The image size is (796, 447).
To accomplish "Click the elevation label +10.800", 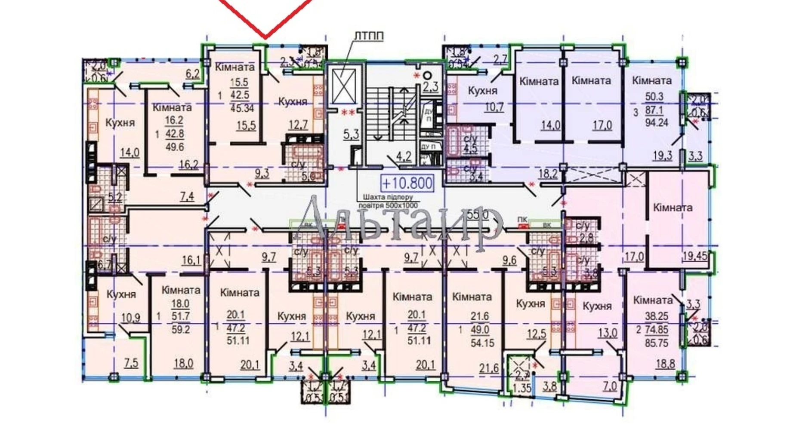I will pyautogui.click(x=407, y=184).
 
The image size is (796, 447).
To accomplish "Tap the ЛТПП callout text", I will pyautogui.click(x=368, y=36).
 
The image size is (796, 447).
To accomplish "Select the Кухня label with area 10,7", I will pyautogui.click(x=482, y=91).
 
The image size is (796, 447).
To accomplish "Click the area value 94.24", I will pyautogui.click(x=656, y=123).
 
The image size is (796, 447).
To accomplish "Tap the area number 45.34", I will pyautogui.click(x=242, y=108).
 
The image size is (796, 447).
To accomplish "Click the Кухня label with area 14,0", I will pyautogui.click(x=120, y=123).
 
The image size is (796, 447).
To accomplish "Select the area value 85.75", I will pyautogui.click(x=656, y=343).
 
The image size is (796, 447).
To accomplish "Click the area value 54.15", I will pyautogui.click(x=482, y=343).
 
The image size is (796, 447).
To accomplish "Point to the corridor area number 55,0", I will pyautogui.click(x=478, y=214).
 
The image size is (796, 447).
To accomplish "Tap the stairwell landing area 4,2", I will pyautogui.click(x=403, y=156).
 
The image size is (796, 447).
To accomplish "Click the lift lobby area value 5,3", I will pyautogui.click(x=351, y=135).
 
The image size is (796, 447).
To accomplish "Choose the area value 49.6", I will pyautogui.click(x=174, y=147).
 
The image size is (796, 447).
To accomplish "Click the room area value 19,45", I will pyautogui.click(x=694, y=257).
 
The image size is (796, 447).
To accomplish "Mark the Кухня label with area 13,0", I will pyautogui.click(x=597, y=306).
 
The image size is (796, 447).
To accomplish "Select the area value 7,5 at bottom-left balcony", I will pyautogui.click(x=131, y=363).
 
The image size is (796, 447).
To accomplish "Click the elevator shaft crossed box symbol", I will pyautogui.click(x=344, y=86).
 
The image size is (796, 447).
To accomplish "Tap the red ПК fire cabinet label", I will pyautogui.click(x=522, y=220).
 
